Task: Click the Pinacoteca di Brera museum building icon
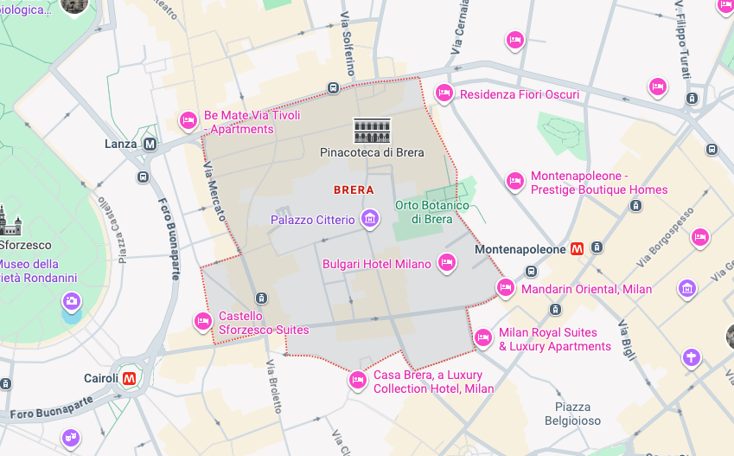pos(373,131)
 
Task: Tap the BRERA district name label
pos(354,189)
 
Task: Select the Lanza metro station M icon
pos(150,144)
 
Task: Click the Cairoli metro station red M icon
pos(130,378)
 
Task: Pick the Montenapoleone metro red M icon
pos(578,249)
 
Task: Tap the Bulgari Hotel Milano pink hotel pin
pos(447,262)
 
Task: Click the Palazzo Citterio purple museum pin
pos(370,218)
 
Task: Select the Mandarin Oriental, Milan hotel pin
pos(506,287)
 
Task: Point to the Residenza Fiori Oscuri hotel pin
pos(444,93)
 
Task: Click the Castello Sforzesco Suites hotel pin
pos(203,321)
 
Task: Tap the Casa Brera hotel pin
pos(358,379)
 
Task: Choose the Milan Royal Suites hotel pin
pos(483,337)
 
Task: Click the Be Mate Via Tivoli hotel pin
pos(188,120)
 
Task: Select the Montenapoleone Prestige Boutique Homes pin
pos(515,180)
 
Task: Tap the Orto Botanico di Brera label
pos(431,212)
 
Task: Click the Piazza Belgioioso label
pos(573,414)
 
